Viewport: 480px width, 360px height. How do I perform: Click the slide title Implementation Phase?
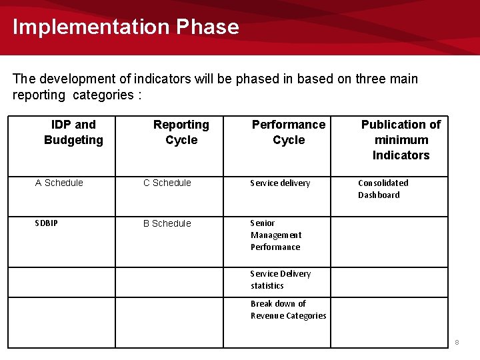pos(125,27)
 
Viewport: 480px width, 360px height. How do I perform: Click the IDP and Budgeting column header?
pos(73,132)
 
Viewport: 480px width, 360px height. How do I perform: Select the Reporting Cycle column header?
pos(181,132)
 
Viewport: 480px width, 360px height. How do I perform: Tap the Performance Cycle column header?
pos(289,132)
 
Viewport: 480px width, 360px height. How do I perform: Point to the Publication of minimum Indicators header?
pos(401,139)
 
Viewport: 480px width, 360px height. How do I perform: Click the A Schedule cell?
pos(59,183)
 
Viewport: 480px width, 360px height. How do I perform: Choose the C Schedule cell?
pos(167,183)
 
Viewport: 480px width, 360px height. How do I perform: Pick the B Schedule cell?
pos(167,223)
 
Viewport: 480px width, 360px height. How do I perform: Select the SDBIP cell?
pos(46,223)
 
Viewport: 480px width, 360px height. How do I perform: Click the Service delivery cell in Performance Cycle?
pos(280,183)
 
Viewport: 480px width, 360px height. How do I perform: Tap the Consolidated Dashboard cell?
pos(383,189)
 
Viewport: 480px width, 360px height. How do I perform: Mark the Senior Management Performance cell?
pos(276,235)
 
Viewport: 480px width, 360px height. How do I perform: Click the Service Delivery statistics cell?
pos(280,279)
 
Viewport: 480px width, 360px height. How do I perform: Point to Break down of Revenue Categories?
pos(288,309)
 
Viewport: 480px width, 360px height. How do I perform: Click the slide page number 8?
pos(457,342)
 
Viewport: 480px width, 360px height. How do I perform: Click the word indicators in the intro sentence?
pos(163,79)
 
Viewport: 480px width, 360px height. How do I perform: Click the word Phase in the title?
pos(207,27)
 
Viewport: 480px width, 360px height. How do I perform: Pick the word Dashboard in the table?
pos(379,195)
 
